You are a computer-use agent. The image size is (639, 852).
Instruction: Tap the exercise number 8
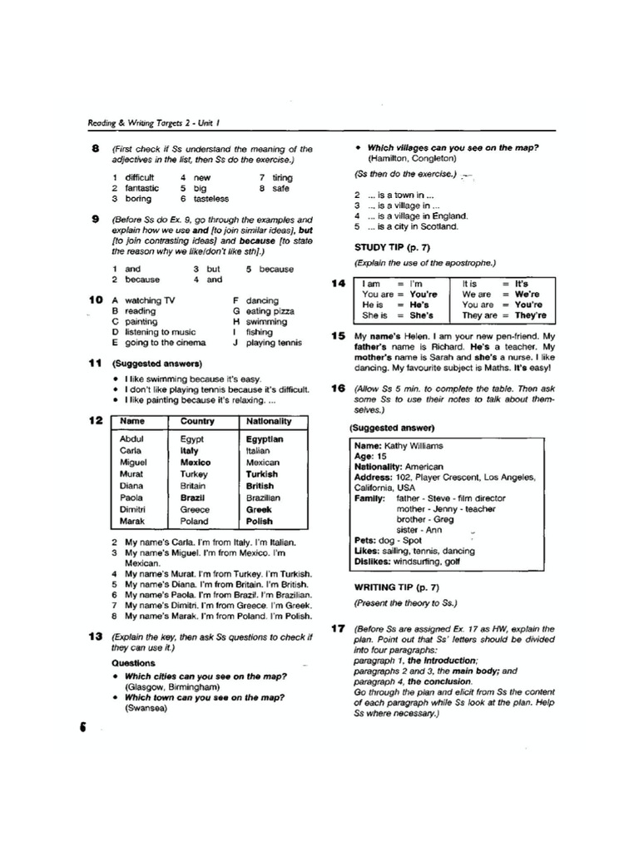tap(96, 148)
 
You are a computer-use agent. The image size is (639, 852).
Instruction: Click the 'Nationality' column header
tap(269, 421)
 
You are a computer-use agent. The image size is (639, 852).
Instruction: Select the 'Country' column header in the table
tap(197, 421)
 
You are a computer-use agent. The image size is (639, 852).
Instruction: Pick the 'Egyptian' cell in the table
tap(265, 438)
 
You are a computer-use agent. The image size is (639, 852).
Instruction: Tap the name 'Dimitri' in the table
tap(135, 509)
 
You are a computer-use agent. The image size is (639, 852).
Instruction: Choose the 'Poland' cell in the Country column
tap(195, 521)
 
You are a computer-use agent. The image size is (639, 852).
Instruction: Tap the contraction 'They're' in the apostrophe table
tap(530, 316)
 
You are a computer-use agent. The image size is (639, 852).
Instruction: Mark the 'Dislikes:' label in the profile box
tap(373, 562)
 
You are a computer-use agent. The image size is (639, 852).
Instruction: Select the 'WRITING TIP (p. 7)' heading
tap(389, 587)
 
